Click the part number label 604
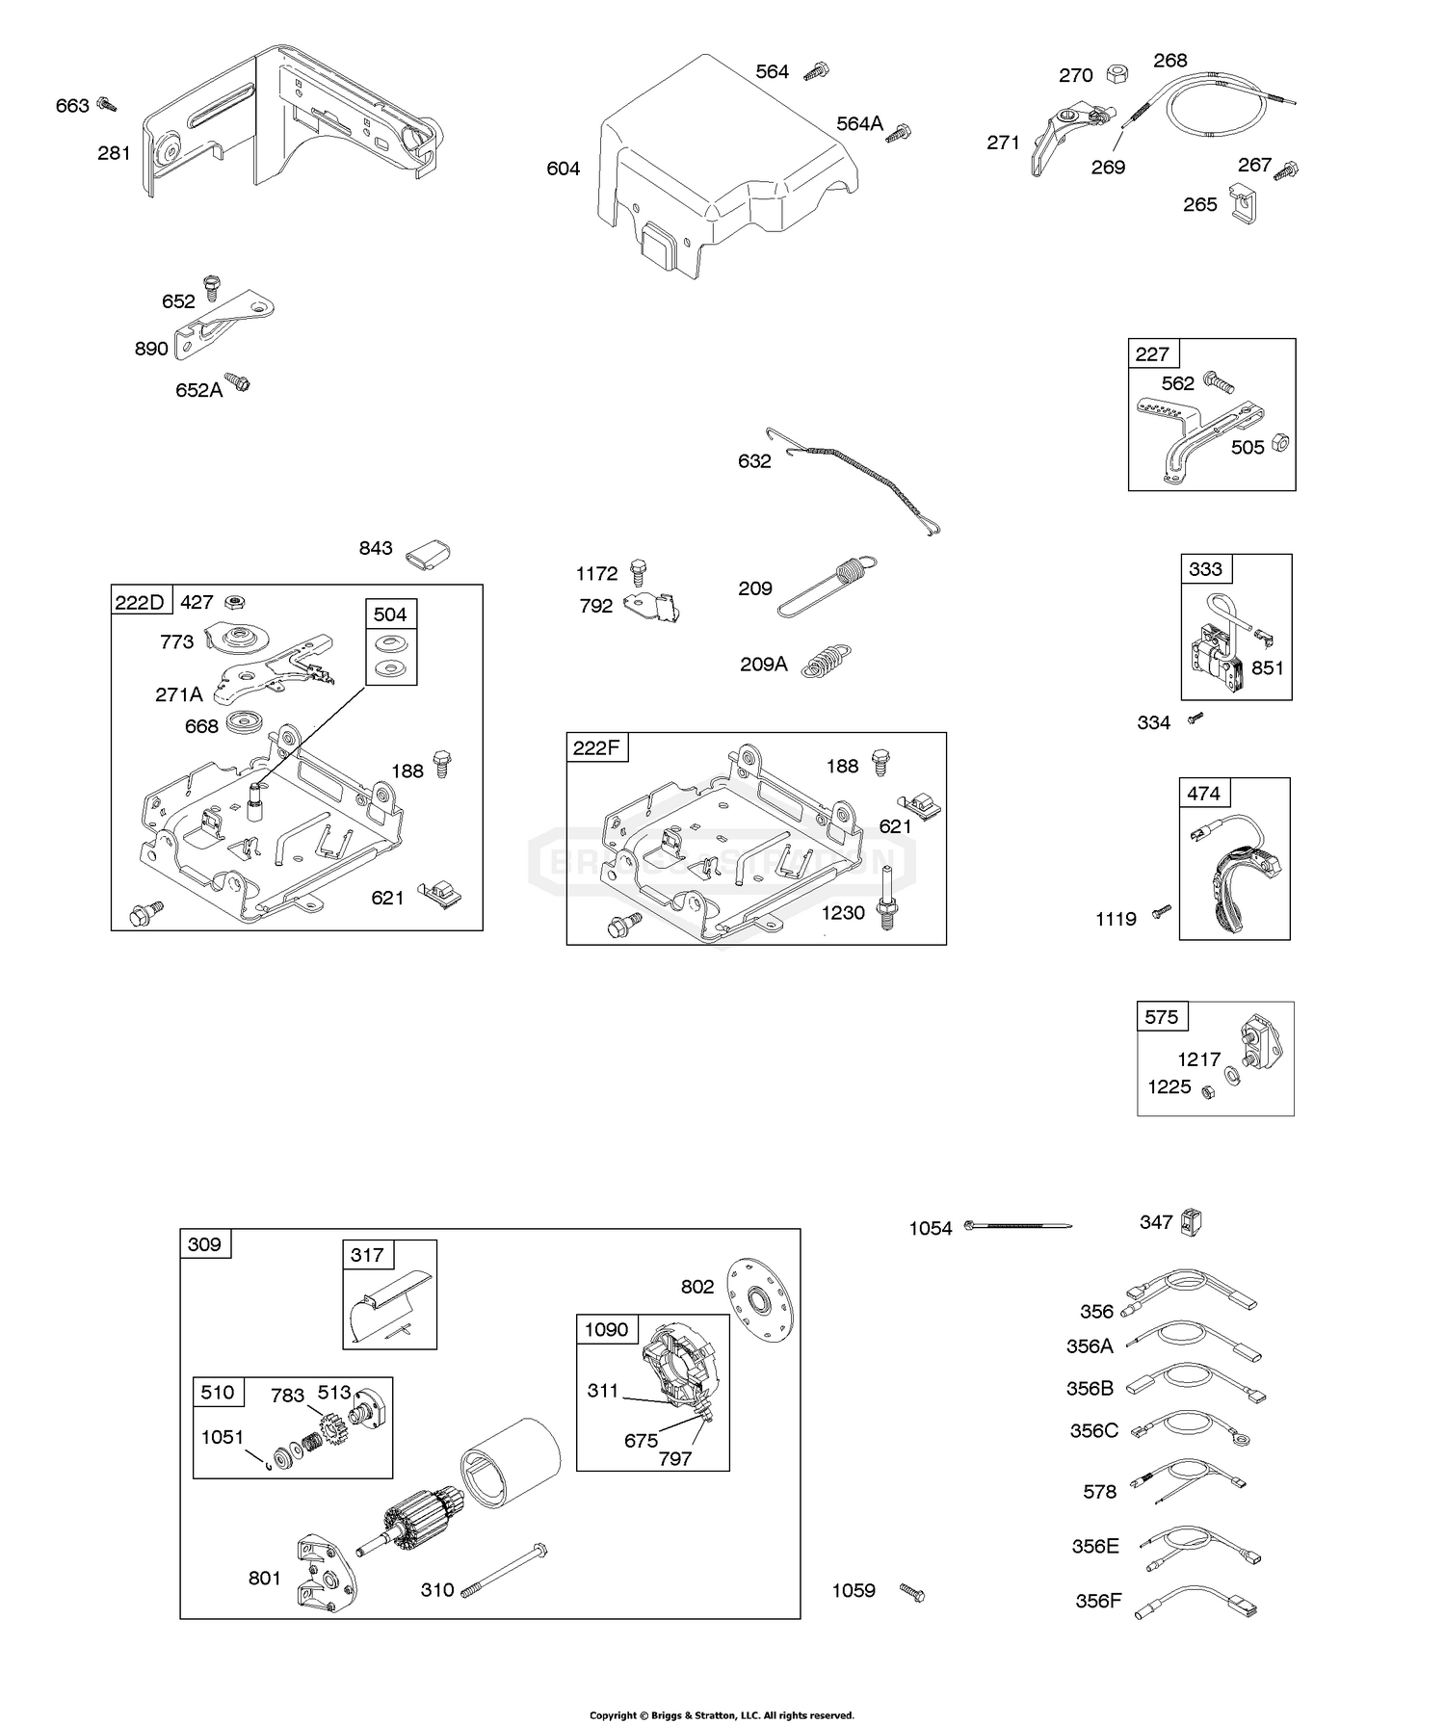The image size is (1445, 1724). point(563,170)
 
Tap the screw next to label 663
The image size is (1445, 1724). point(107,103)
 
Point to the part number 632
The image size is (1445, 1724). point(754,461)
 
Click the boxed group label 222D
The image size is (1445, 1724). point(140,603)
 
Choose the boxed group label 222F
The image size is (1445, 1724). point(596,747)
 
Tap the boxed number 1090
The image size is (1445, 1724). point(607,1330)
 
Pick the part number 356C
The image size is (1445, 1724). point(1093,1431)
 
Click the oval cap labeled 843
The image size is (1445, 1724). point(428,553)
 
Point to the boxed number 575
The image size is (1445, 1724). point(1162,1017)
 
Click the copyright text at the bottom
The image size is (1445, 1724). point(722,1715)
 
